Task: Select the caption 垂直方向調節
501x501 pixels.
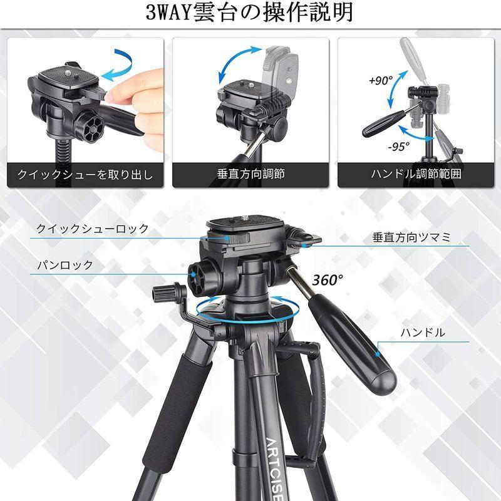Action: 250,174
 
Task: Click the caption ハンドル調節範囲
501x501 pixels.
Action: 416,174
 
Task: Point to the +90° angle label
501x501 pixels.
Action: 380,81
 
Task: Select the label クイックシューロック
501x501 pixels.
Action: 93,229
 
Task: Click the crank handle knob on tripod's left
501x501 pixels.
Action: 163,292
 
